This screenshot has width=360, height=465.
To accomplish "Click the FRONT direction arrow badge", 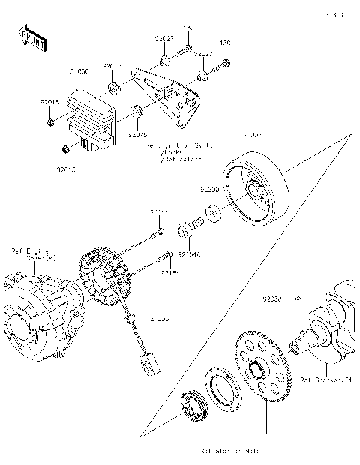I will coord(30,37).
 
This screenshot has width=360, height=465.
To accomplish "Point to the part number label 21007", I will coord(252,136).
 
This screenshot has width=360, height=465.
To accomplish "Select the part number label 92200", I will coord(209,190).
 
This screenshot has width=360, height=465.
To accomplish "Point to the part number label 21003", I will coord(159,319).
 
